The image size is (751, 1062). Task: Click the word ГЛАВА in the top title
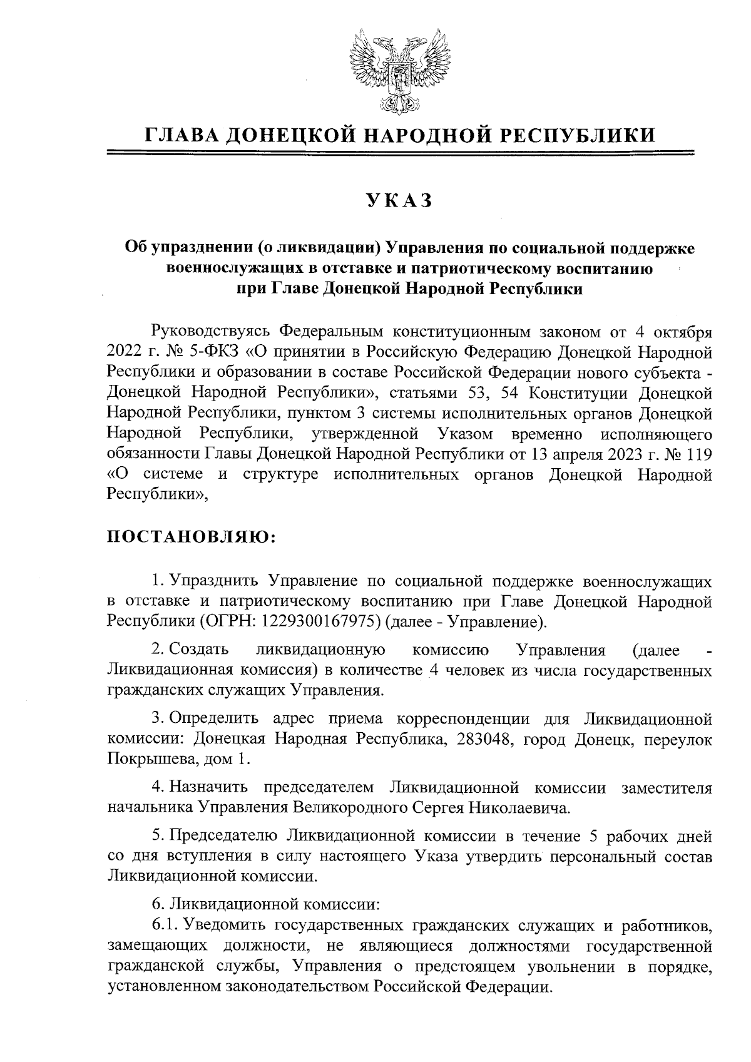tap(180, 135)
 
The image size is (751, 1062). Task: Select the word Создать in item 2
tap(200, 650)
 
